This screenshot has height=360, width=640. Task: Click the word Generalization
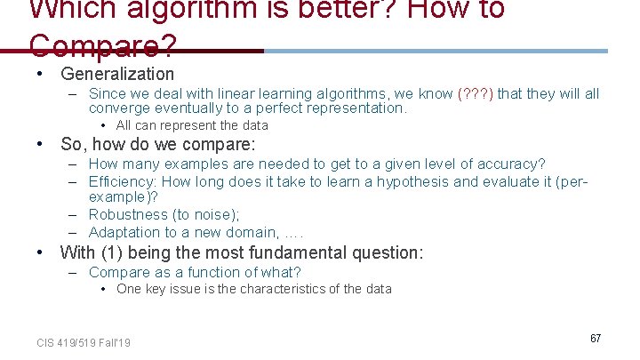click(x=117, y=74)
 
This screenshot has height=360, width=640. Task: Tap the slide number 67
click(x=595, y=339)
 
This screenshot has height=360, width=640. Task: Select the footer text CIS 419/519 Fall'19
click(x=84, y=342)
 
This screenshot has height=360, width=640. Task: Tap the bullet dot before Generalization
click(x=41, y=74)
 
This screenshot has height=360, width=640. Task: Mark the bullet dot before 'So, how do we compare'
click(x=41, y=144)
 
